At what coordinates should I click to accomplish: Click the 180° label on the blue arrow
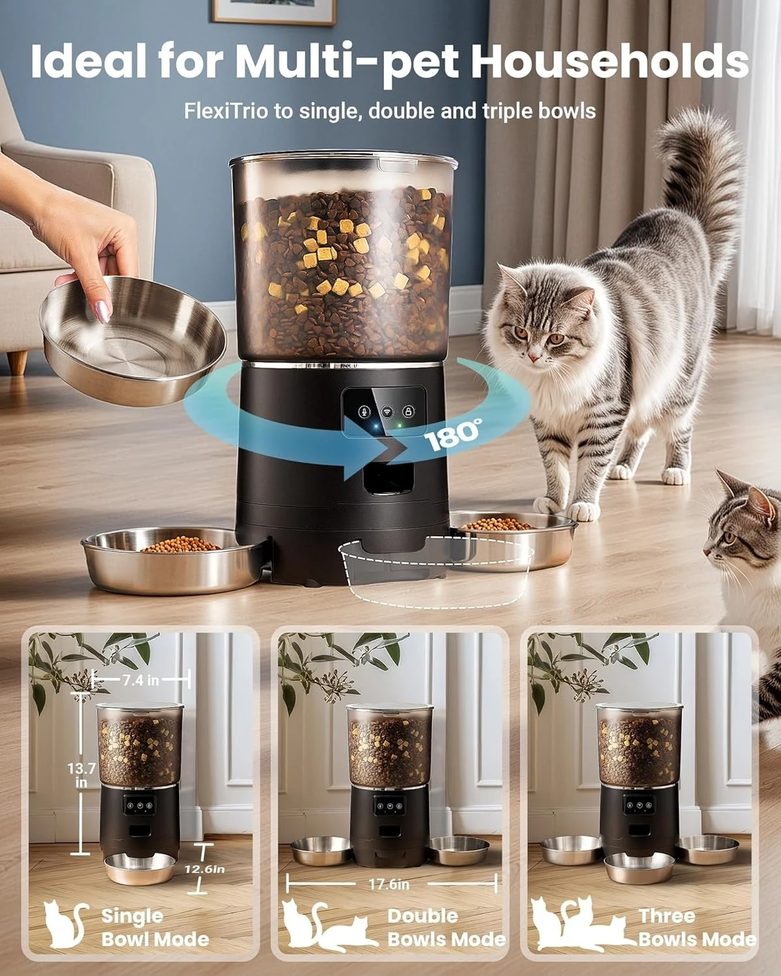point(454,435)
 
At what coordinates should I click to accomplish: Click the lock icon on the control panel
point(408,411)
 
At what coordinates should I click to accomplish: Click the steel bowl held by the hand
point(133,338)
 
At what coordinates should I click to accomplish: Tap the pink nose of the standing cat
point(532,357)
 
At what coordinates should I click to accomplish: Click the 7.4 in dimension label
point(141,681)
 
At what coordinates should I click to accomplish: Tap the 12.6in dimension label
point(204,869)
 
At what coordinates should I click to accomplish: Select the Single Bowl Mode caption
point(155,927)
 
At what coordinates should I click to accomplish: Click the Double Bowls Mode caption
point(446,927)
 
